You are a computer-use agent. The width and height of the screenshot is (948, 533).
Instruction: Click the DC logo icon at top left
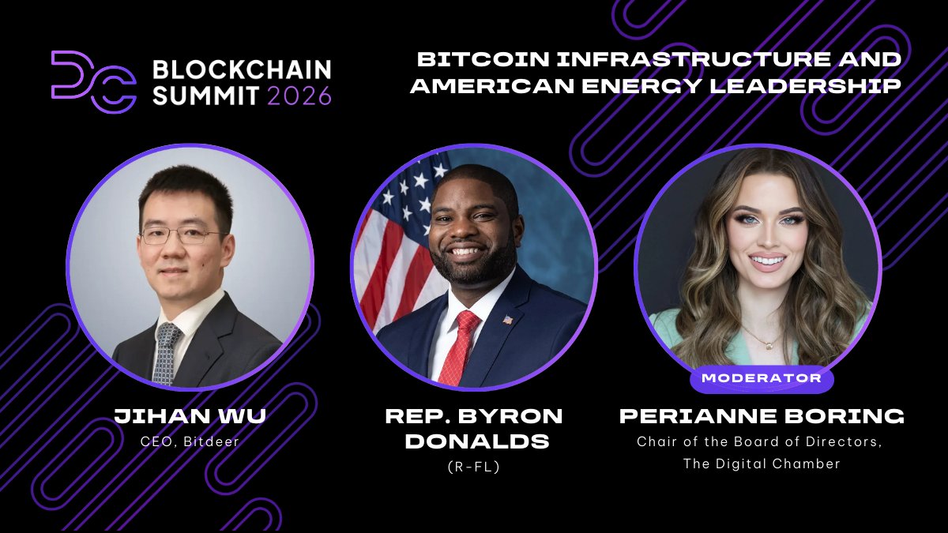click(92, 80)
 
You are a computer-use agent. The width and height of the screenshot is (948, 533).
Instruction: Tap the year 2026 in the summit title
click(299, 96)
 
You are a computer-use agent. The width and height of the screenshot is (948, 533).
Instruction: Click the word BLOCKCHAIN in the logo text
click(241, 69)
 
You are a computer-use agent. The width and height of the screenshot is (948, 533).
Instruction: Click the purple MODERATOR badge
click(761, 378)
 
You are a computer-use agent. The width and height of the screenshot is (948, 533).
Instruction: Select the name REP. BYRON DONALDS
click(474, 428)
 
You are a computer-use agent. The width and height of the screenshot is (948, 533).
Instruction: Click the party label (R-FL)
click(474, 467)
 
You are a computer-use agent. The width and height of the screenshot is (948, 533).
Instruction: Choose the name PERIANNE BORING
click(762, 416)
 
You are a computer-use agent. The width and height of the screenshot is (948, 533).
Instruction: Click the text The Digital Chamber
click(762, 464)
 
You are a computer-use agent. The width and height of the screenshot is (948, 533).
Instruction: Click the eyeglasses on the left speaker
click(181, 235)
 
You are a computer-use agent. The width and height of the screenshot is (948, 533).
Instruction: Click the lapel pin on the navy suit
click(508, 320)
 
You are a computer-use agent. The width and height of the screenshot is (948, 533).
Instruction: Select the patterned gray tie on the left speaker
click(166, 351)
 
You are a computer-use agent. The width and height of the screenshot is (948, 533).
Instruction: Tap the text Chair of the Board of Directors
click(760, 441)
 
